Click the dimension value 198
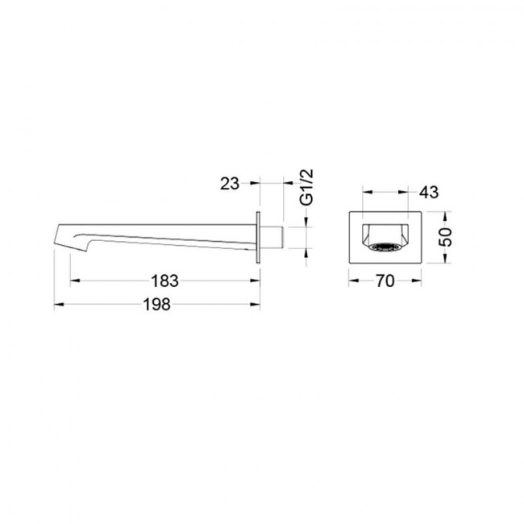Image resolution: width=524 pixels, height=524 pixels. (156, 305)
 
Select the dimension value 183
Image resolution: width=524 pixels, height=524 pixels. (165, 281)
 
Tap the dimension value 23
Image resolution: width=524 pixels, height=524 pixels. (230, 184)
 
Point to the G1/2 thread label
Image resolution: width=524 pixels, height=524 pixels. (307, 187)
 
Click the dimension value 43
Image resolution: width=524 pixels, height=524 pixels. (429, 192)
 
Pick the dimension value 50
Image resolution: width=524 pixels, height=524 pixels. (446, 237)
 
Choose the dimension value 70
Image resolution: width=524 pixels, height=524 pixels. (385, 281)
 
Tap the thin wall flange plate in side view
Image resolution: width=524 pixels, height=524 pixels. (258, 237)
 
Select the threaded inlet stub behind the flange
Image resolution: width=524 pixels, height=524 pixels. (272, 237)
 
